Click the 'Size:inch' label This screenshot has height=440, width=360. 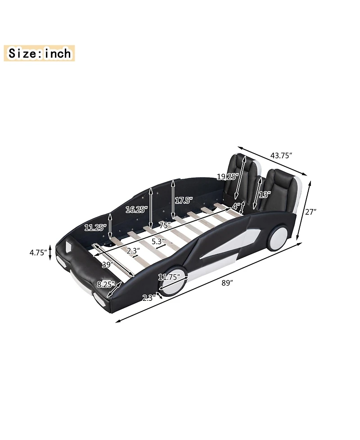pos(40,54)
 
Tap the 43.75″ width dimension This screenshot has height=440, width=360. pos(282,155)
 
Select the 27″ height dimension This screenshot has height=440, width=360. pos(310,212)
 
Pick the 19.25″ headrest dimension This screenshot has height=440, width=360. pos(226,177)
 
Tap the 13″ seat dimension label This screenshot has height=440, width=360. pos(265,195)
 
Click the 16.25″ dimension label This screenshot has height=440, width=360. pos(135,209)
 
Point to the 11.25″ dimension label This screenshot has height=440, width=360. pos(95,228)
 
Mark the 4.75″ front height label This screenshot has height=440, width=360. pos(38,253)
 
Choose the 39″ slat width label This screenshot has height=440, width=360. pos(107,265)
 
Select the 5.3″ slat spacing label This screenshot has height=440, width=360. pos(158,241)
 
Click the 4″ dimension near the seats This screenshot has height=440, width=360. pos(236,205)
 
